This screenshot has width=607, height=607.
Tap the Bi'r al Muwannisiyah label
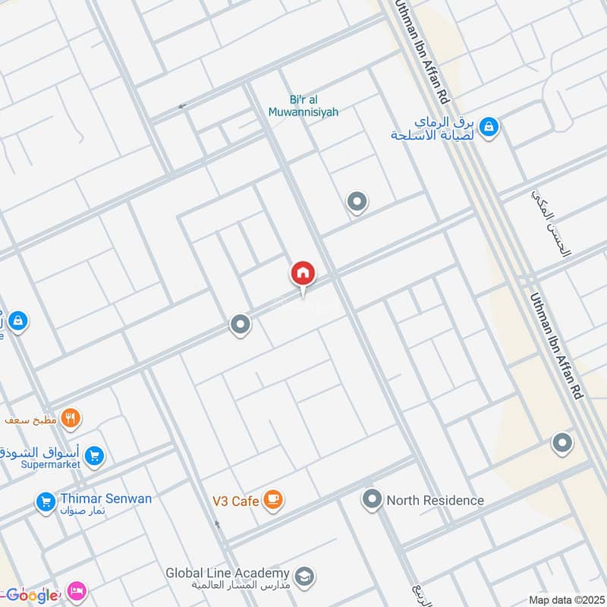pos(303,105)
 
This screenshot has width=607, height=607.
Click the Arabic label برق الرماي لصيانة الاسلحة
pos(433,127)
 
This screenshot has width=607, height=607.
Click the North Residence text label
pos(435,500)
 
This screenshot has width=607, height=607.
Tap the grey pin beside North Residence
pos(372,499)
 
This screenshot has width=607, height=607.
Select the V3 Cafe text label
pos(236,501)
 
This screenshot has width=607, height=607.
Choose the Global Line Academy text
pos(228,573)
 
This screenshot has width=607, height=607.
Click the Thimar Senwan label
pos(107,498)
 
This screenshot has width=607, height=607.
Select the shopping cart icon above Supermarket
pos(94,456)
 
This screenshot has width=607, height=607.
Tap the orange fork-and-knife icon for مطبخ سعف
pos(71,417)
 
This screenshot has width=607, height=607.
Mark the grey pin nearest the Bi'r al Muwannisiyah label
pos(357,202)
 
